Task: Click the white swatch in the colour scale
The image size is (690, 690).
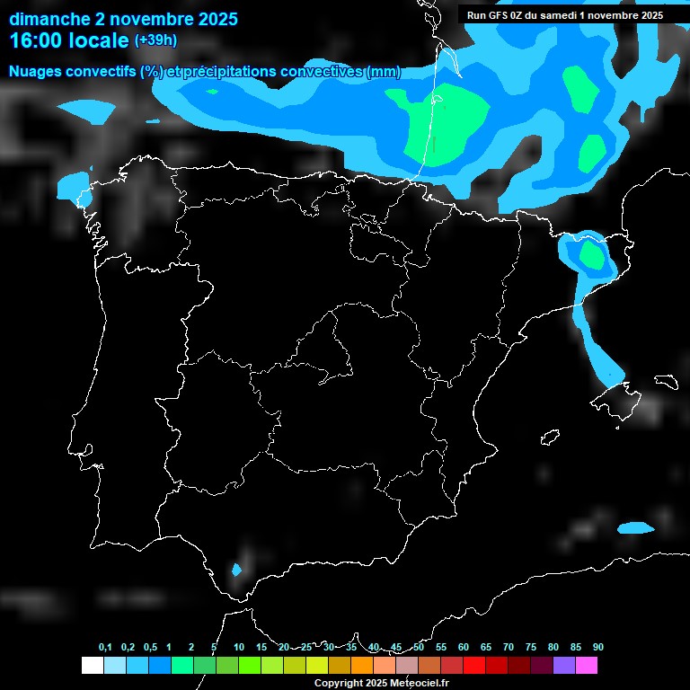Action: [x=92, y=665]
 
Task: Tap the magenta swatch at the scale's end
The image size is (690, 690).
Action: [x=587, y=665]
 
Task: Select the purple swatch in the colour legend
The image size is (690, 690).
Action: [x=564, y=665]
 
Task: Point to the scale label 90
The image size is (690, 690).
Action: [x=597, y=647]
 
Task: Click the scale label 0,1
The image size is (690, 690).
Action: [x=104, y=647]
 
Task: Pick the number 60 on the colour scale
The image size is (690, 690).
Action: [x=463, y=647]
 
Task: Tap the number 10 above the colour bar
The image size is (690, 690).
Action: [x=238, y=647]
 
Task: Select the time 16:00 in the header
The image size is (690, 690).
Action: [x=37, y=40]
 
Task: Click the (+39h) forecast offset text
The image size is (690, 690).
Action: [x=155, y=40]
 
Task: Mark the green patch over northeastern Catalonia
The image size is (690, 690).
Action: [x=592, y=255]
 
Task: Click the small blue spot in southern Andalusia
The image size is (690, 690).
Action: [x=236, y=570]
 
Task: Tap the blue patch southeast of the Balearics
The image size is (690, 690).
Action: [x=636, y=528]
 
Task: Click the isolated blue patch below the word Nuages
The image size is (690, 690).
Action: [x=86, y=111]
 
